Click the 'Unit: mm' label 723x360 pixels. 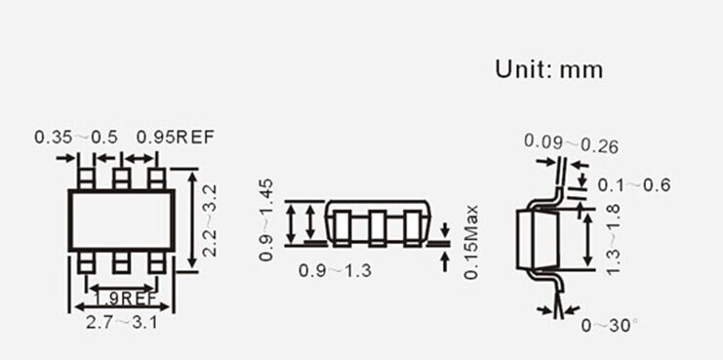(x=548, y=69)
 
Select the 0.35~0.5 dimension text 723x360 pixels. (x=76, y=137)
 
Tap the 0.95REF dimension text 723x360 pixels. (x=176, y=137)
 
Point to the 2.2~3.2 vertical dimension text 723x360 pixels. (x=210, y=220)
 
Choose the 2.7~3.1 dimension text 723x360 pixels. (x=122, y=322)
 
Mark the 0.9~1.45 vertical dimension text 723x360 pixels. (x=266, y=220)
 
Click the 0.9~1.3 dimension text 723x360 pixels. (x=335, y=270)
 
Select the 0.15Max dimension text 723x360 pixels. (x=471, y=242)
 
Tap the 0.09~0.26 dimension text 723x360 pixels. (x=571, y=143)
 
